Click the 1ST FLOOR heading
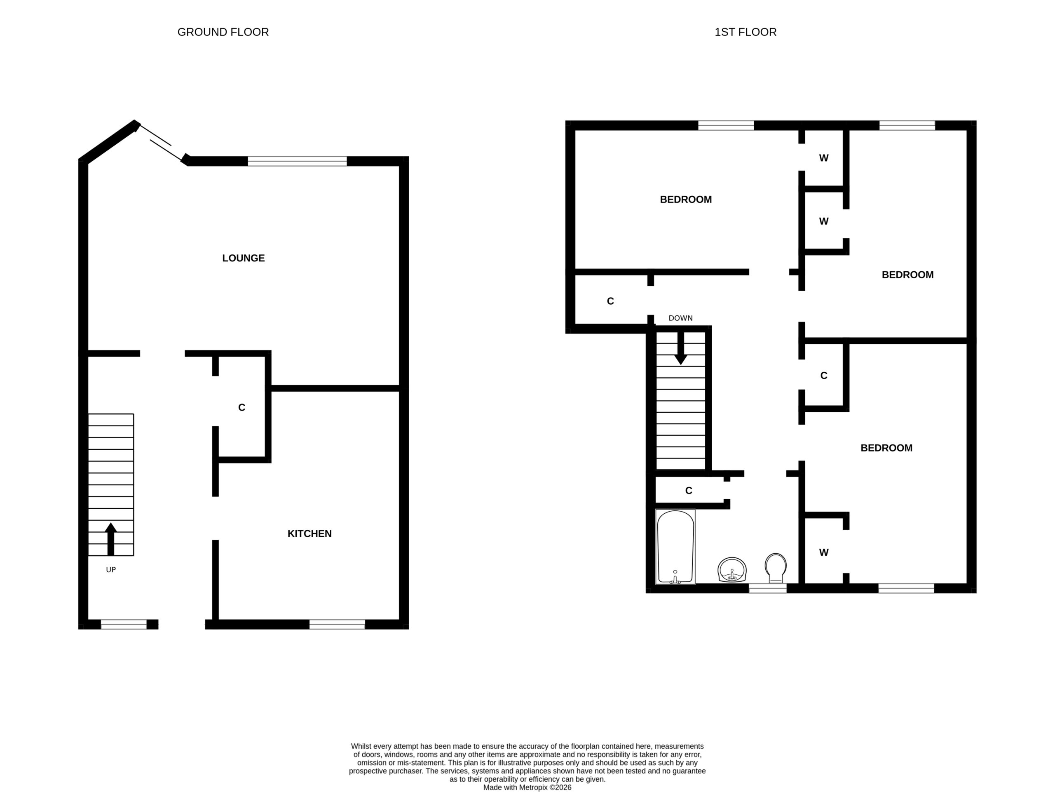point(746,32)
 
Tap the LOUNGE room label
point(243,258)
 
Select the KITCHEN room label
point(309,533)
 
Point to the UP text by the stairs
point(110,570)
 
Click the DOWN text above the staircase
point(681,318)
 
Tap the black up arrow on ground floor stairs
point(110,539)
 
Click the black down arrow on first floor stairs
point(681,348)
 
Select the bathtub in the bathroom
point(675,547)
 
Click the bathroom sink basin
point(732,570)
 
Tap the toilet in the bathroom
point(776,568)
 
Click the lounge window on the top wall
point(297,161)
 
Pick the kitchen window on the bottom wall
point(337,625)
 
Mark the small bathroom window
point(768,588)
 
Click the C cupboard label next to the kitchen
point(242,407)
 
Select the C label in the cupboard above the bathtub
point(689,491)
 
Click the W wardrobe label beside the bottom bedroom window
point(824,552)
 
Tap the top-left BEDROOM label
point(686,200)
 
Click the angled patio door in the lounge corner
point(160,142)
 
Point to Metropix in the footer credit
point(531,787)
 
